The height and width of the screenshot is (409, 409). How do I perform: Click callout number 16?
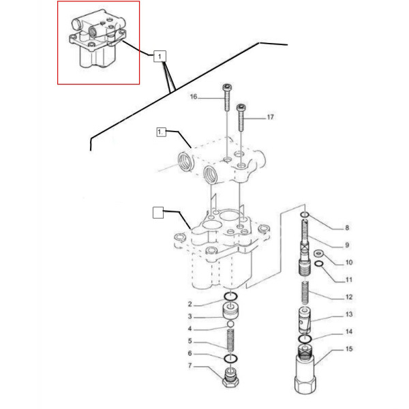(193, 97)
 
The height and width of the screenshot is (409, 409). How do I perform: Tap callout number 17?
(270, 117)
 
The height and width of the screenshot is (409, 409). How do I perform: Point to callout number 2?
(191, 303)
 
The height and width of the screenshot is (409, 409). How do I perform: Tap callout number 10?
(348, 262)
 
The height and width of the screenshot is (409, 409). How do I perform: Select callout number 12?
(348, 297)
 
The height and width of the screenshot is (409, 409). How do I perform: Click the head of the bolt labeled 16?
(227, 87)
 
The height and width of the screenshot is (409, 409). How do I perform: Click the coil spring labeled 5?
(231, 340)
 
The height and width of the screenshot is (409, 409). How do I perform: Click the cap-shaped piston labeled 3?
(231, 313)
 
